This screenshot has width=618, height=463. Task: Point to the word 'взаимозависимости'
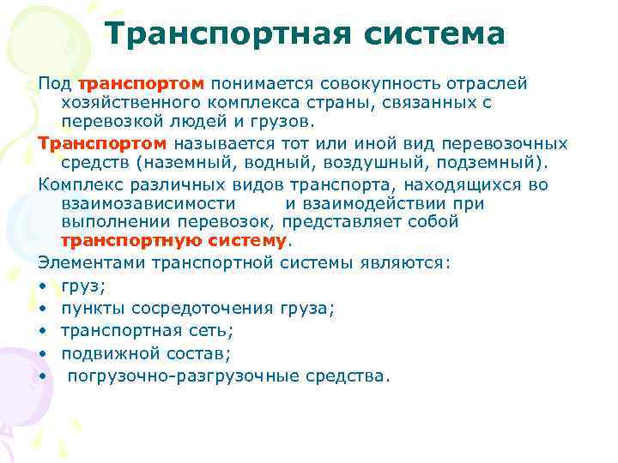(x=148, y=203)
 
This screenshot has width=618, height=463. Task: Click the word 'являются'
(x=403, y=262)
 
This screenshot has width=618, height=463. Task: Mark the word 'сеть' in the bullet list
(x=215, y=330)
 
